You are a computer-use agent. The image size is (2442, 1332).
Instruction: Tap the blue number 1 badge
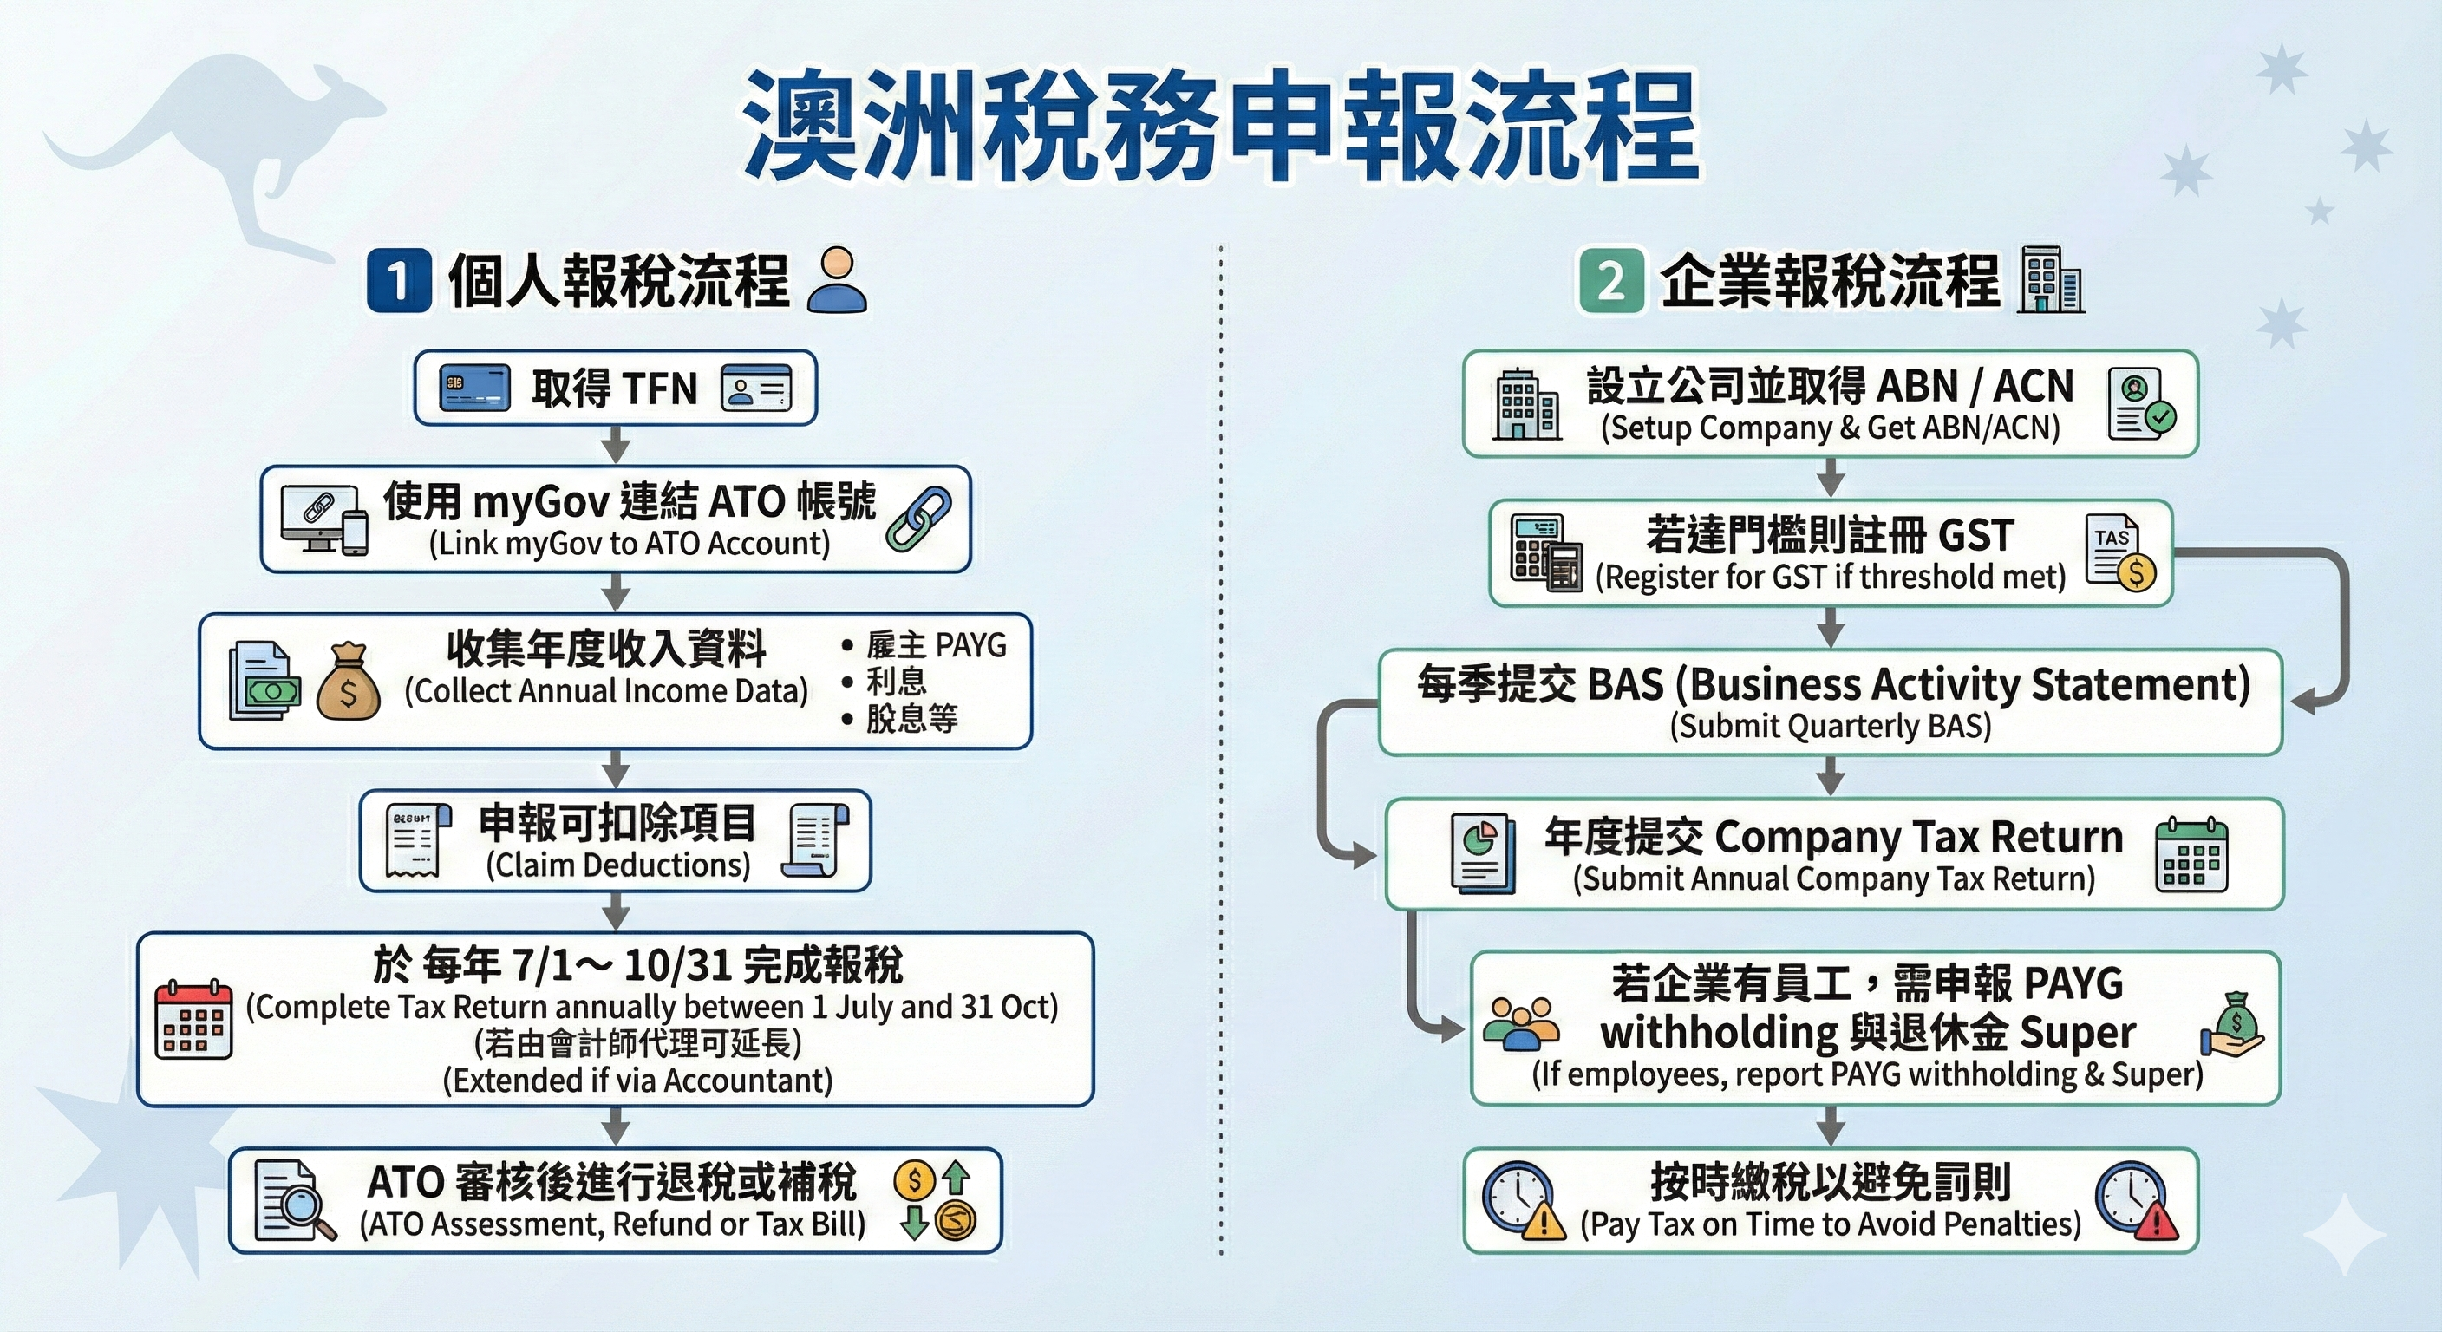tap(398, 281)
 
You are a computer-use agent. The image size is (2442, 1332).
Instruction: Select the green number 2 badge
tap(1610, 281)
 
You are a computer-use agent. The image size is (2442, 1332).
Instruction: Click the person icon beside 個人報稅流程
tap(836, 280)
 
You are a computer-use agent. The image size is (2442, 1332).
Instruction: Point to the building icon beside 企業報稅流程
tap(2052, 280)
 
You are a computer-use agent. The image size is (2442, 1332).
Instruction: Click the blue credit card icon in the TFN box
tap(475, 388)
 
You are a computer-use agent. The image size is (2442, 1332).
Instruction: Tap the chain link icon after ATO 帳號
tap(917, 519)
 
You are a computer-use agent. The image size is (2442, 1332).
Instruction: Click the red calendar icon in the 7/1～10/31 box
tap(193, 1019)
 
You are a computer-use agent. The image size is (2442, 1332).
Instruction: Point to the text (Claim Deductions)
tap(618, 865)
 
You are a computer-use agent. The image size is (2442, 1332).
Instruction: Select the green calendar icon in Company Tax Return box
tap(2191, 854)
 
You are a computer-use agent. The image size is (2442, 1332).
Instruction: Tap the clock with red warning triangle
tap(2137, 1201)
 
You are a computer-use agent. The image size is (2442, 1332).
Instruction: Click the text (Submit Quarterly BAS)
tap(1831, 726)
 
